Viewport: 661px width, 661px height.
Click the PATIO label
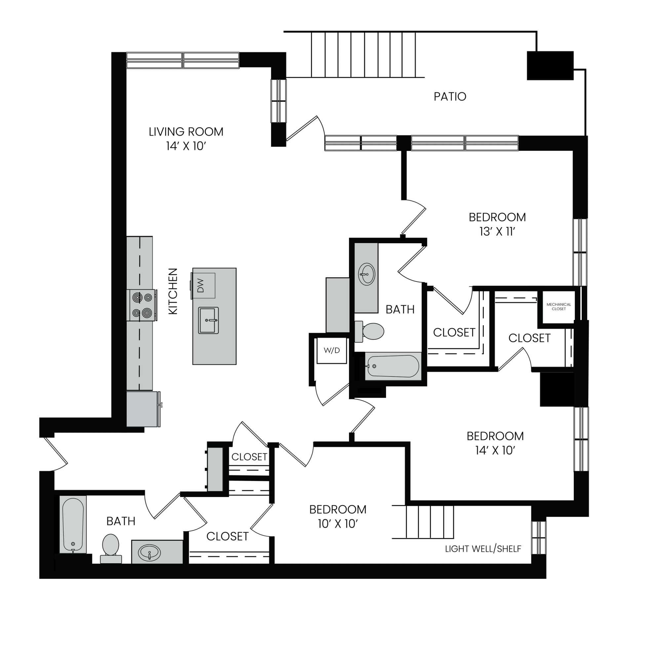click(450, 97)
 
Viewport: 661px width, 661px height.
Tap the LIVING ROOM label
click(186, 132)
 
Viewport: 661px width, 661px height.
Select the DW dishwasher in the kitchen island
click(203, 286)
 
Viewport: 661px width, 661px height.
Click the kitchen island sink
click(208, 320)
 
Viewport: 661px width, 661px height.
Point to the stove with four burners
click(142, 305)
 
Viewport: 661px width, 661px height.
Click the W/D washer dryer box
click(331, 350)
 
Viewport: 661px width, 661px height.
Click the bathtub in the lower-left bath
click(73, 525)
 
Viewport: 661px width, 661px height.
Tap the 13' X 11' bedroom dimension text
click(497, 232)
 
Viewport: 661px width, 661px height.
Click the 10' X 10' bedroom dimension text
click(338, 524)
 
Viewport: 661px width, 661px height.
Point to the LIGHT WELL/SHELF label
click(483, 549)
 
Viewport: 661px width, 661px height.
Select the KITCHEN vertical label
click(173, 291)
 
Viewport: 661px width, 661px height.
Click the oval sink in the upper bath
click(367, 274)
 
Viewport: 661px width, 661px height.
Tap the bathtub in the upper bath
click(393, 366)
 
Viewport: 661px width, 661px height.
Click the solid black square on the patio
click(550, 66)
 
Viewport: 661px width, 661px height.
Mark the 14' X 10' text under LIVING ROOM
click(186, 146)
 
